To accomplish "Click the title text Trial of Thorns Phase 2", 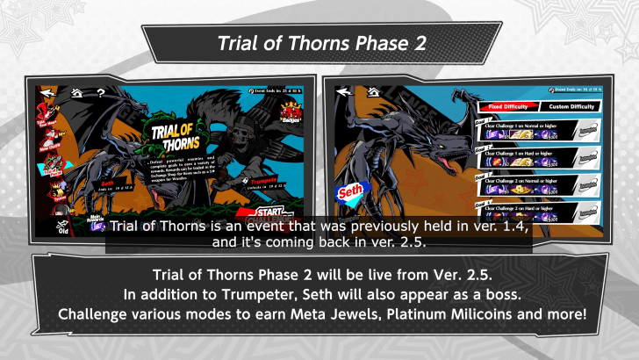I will point(319,43).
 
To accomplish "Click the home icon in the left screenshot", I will point(77,91).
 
